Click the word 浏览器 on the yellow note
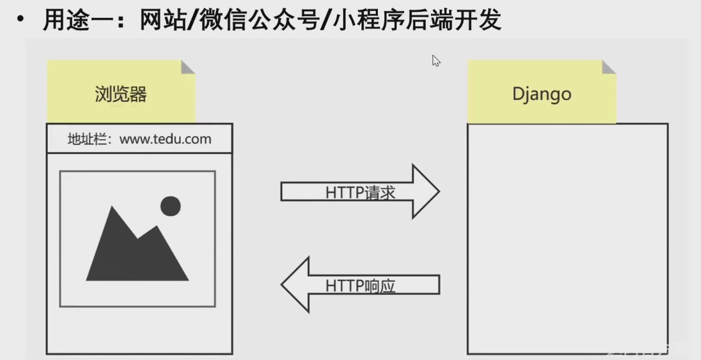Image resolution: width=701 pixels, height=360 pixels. (x=121, y=94)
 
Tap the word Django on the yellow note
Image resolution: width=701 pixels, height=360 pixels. (x=542, y=94)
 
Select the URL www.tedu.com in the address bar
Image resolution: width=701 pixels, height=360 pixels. (x=165, y=139)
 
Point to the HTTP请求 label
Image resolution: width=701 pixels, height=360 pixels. (x=360, y=193)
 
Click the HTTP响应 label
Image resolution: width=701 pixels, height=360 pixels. (x=360, y=285)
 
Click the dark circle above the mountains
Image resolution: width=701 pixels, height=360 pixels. (x=170, y=206)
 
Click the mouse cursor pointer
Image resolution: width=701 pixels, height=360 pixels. (x=436, y=61)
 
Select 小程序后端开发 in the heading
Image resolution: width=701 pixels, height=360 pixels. (x=417, y=20)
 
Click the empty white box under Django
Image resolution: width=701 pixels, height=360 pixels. (x=567, y=239)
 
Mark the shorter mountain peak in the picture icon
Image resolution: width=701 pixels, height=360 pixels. (x=156, y=230)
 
